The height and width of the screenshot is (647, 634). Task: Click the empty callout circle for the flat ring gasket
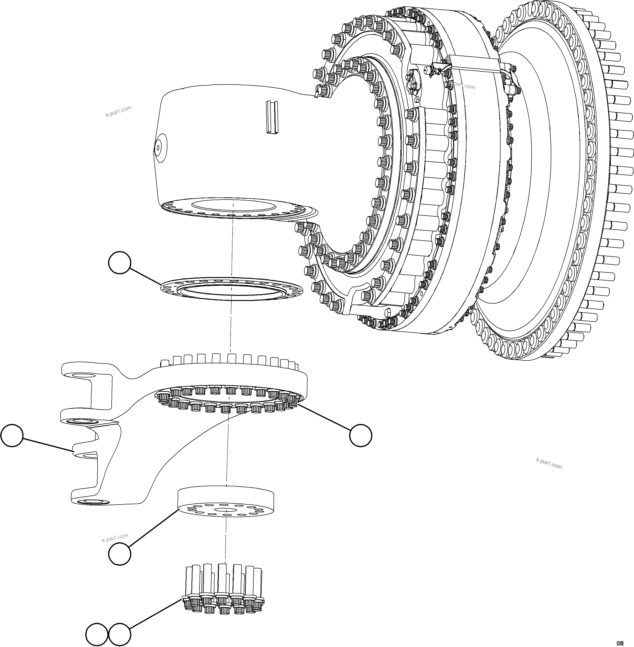(x=119, y=263)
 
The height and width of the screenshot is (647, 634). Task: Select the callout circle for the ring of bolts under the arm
(x=361, y=435)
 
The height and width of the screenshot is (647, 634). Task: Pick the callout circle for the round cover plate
(x=119, y=554)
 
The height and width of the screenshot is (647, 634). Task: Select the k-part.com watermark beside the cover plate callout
(x=115, y=537)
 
